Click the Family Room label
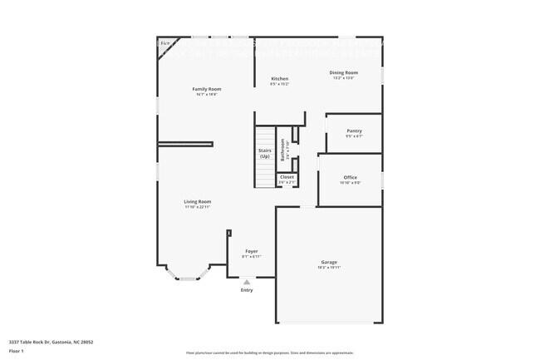point(207,89)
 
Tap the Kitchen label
point(279,79)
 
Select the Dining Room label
point(343,73)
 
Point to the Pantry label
point(354,131)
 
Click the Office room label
point(350,177)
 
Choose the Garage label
point(329,263)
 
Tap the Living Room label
point(198,201)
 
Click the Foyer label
point(251,251)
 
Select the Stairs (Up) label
point(264,153)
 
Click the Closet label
point(287,177)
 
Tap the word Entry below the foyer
point(247,289)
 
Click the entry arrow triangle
point(247,282)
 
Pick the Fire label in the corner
point(165,42)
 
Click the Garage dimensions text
point(329,268)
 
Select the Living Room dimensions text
point(198,206)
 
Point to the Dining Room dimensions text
point(343,78)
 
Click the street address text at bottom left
point(51,341)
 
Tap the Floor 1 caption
point(17,352)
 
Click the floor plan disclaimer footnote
point(270,353)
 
